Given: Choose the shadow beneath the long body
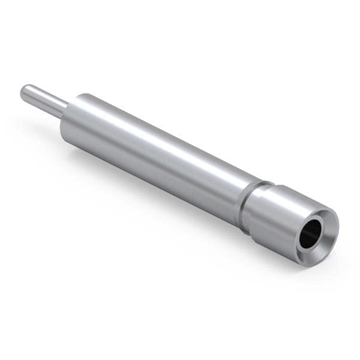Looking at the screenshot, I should [150, 198].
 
